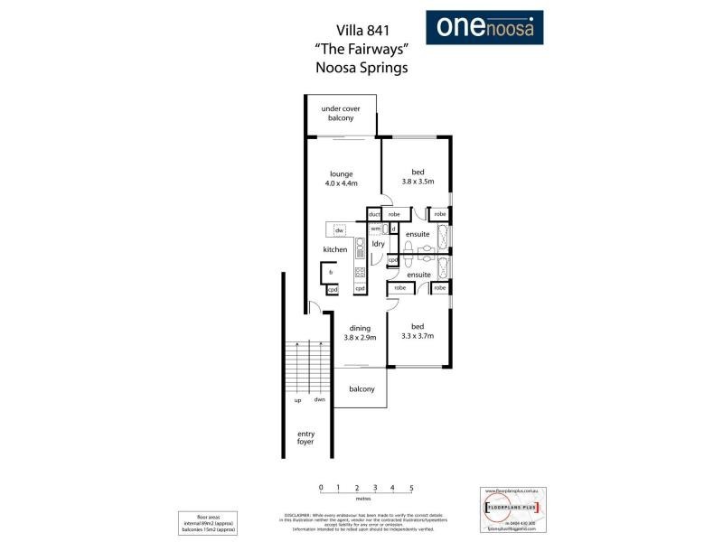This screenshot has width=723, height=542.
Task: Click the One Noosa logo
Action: [484, 27]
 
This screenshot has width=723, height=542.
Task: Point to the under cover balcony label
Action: [340, 114]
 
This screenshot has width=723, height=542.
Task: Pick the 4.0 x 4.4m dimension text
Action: [341, 183]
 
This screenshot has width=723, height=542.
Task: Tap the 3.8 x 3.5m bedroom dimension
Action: [418, 182]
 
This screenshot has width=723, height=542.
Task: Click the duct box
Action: [373, 214]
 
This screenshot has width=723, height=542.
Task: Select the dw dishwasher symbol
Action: [340, 230]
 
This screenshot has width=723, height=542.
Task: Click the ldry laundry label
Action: [378, 244]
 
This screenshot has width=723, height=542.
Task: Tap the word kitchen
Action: [335, 249]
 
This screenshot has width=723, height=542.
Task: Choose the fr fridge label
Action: [332, 272]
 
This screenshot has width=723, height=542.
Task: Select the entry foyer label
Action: [305, 438]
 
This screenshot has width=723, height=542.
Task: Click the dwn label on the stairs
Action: [319, 399]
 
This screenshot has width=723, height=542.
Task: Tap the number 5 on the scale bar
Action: [411, 488]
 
